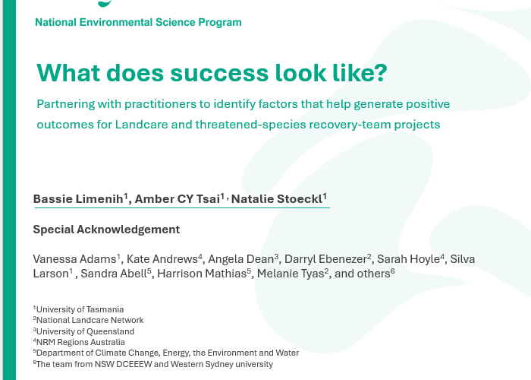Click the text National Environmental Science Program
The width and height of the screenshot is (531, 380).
[x=138, y=22]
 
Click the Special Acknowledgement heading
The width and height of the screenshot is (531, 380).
[x=106, y=230]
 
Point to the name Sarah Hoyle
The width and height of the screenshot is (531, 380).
[x=408, y=259]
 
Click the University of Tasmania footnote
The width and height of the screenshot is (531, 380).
[x=80, y=309]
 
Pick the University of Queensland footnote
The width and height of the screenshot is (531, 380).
[x=85, y=331]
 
